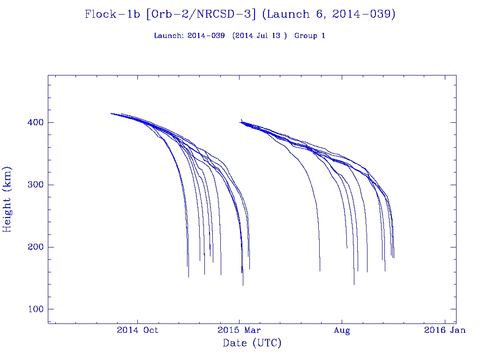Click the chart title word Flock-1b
[113, 15]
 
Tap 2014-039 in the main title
[362, 15]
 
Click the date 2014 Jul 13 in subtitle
[259, 36]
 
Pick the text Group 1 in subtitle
[310, 36]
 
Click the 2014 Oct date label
[137, 330]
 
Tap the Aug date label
[342, 330]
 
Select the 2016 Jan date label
[444, 330]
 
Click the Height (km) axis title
[7, 199]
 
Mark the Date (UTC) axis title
[252, 344]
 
